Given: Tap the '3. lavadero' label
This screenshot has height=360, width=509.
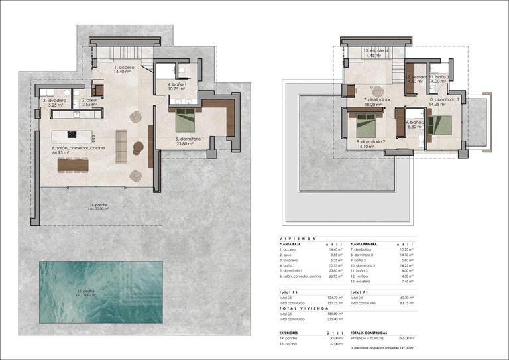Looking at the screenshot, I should [53, 102].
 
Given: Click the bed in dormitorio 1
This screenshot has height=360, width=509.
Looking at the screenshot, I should [186, 122].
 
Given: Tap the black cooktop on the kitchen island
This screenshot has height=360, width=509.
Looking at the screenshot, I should [72, 134].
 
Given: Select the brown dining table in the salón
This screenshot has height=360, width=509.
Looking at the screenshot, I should [73, 164].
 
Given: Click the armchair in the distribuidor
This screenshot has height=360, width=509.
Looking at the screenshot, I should [378, 91].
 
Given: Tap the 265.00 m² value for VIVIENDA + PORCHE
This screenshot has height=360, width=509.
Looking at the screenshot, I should [406, 339].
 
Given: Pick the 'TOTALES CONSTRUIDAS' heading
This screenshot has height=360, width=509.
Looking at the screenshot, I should [368, 333].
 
